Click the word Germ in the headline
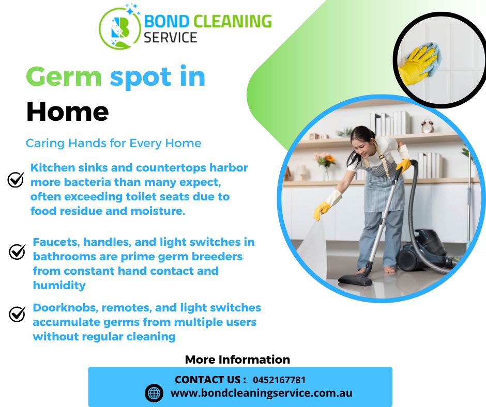pos(64,77)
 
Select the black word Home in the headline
pos(67,111)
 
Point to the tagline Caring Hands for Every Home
pos(113,143)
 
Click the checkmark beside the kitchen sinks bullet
pos(16,179)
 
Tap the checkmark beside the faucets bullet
pos(18,252)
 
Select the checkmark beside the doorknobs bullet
pos(18,314)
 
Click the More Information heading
pos(237,359)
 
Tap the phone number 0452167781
pos(279,380)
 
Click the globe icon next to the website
pos(154,393)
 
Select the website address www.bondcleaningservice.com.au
pos(261,393)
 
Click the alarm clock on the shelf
pos(427,126)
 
